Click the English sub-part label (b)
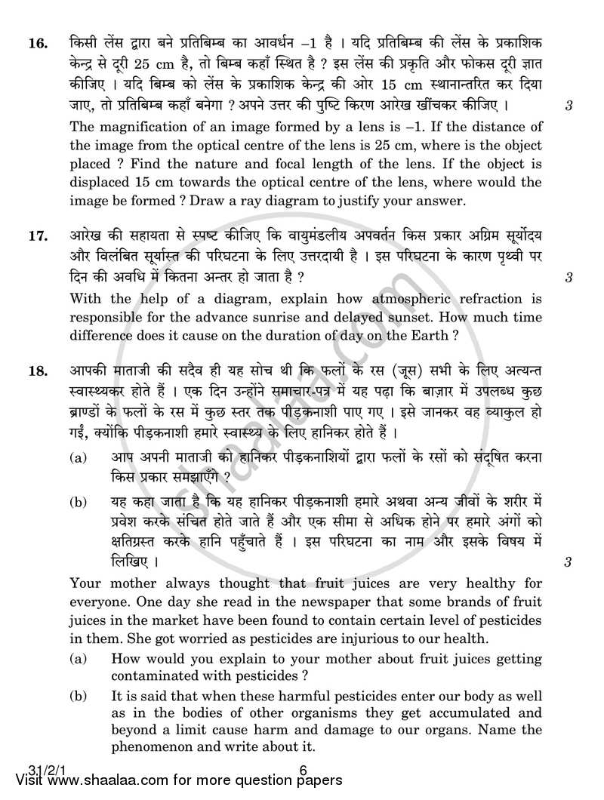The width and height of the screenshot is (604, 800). [x=78, y=695]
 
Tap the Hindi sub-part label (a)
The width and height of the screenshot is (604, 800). [x=78, y=457]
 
